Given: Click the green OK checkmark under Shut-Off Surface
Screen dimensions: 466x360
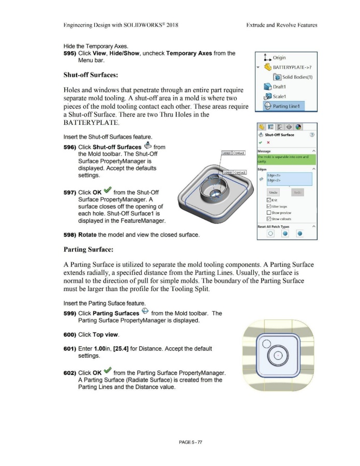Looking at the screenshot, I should [260, 142].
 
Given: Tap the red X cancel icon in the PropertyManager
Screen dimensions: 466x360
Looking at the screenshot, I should [269, 142].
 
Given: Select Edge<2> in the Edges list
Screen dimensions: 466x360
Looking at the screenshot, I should [274, 180].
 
